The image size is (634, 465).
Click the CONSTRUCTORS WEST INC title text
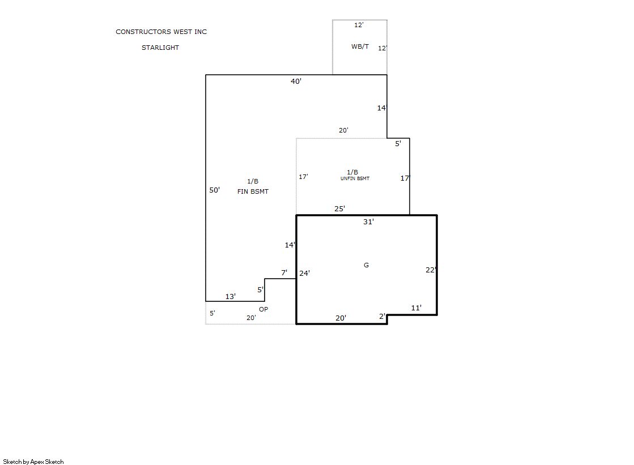(161, 32)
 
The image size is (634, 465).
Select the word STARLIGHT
(160, 48)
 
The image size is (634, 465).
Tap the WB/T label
(360, 46)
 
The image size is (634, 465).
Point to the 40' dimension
(296, 81)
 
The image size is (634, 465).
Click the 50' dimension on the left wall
(214, 190)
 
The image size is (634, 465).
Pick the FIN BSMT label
(253, 191)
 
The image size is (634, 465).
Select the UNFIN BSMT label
(355, 178)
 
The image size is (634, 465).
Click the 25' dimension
(339, 208)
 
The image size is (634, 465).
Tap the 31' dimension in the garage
(368, 221)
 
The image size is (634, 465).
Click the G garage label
(367, 265)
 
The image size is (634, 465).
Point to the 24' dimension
(304, 274)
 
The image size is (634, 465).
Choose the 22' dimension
(431, 270)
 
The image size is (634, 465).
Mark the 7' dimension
(284, 273)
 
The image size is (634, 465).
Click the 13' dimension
(231, 296)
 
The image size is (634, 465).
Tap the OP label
(263, 309)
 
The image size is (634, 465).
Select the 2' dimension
(382, 316)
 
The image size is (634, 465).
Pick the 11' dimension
(416, 308)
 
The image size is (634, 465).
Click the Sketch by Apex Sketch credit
(33, 462)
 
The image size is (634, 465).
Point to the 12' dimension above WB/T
(359, 25)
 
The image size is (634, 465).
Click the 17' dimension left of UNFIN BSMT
(303, 177)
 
